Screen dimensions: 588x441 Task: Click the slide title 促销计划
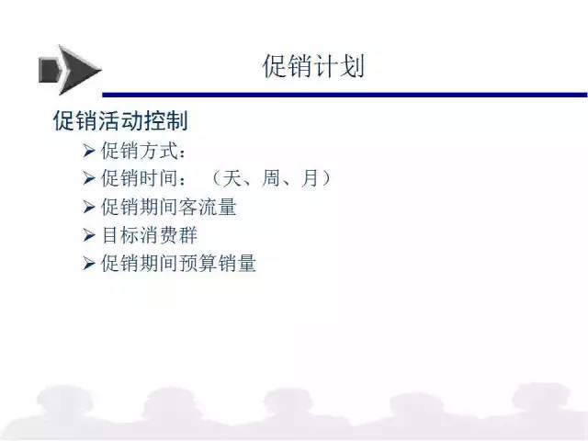313,66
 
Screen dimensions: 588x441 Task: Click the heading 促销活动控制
120,120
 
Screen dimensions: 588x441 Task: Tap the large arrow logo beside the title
70,70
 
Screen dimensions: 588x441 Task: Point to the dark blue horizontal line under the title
345,95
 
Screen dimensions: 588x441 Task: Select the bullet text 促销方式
139,151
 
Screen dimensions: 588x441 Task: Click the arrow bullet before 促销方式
89,151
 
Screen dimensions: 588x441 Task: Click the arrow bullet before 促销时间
89,178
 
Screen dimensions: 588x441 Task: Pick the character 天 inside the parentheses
232,177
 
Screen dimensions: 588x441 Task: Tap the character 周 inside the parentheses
272,177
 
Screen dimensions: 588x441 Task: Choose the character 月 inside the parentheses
311,177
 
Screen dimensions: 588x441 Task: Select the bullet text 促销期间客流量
169,207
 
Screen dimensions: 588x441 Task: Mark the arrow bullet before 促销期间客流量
89,207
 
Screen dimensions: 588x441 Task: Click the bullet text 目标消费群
149,235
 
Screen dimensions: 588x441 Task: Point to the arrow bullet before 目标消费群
89,235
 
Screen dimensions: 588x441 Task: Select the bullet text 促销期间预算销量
178,263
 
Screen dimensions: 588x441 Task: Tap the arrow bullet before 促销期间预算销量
89,264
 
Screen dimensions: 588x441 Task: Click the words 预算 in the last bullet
198,263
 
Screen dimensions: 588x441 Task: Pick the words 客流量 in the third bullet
208,207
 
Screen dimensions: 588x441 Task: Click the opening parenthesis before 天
216,177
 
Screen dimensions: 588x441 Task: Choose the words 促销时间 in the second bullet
139,177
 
